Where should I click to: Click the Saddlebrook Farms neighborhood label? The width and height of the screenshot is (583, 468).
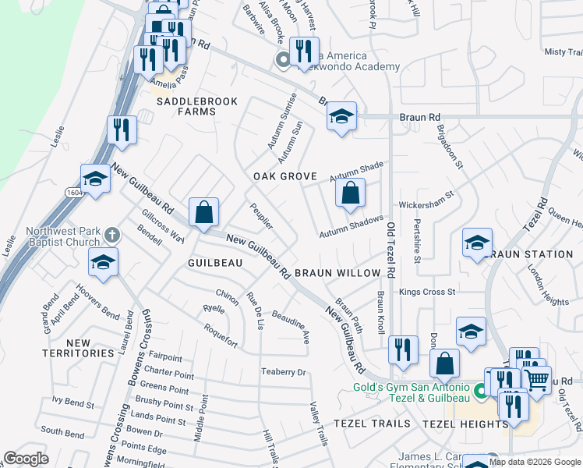click(x=185, y=106)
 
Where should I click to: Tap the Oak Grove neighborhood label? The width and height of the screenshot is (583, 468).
click(x=284, y=177)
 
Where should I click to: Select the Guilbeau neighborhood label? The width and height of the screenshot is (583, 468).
click(x=215, y=264)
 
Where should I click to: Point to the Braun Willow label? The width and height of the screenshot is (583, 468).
click(x=348, y=273)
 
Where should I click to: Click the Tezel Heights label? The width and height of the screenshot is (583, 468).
click(x=465, y=424)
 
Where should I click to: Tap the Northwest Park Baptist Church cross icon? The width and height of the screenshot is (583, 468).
click(x=112, y=234)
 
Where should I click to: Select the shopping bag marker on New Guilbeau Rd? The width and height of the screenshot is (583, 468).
click(x=203, y=211)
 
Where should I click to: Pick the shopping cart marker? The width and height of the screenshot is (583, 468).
click(x=536, y=380)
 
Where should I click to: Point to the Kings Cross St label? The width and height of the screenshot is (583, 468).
click(x=426, y=292)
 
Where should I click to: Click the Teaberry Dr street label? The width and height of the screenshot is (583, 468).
click(x=284, y=372)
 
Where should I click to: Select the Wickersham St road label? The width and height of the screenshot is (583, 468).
click(x=426, y=203)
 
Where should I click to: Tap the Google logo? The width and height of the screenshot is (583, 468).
click(x=26, y=459)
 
